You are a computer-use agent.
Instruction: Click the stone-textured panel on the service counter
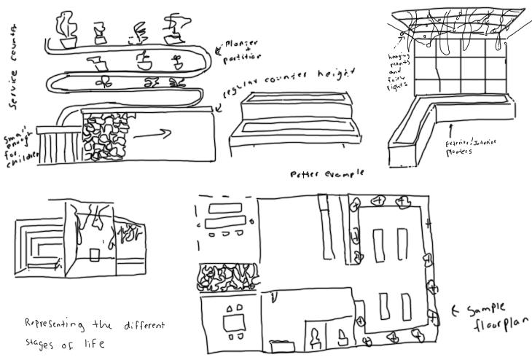pos(106,138)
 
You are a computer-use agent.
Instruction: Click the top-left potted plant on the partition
pos(66,29)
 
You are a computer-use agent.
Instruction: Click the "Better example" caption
pos(326,174)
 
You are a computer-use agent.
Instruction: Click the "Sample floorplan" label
pos(496,314)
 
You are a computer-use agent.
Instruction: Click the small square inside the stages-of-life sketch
pos(95,254)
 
